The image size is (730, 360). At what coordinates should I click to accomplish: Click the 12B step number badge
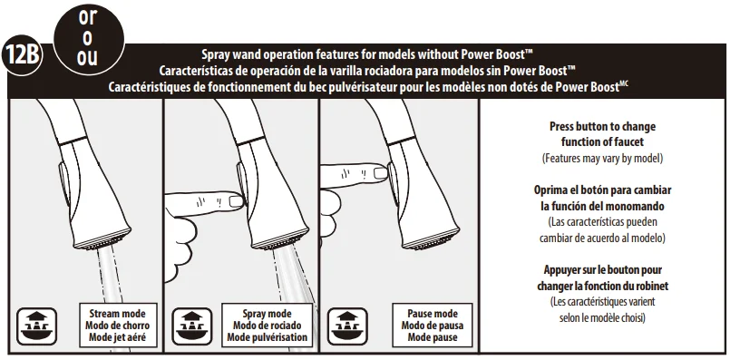click(x=22, y=55)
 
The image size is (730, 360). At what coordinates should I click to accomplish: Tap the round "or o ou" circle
click(x=89, y=39)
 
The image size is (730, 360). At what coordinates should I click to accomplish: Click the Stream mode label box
click(x=118, y=325)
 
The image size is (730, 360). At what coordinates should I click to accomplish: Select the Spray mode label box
click(x=268, y=325)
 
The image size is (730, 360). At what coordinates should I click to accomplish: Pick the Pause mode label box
click(x=433, y=325)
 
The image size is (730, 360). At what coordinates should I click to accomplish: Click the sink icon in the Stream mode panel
click(x=37, y=326)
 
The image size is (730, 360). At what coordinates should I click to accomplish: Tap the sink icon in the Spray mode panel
click(x=192, y=326)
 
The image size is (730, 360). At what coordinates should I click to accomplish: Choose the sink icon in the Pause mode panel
click(x=347, y=326)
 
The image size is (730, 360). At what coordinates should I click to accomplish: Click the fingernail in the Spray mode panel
click(x=237, y=201)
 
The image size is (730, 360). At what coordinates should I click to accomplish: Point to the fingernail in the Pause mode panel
click(x=381, y=173)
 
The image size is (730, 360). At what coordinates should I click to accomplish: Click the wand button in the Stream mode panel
click(x=63, y=182)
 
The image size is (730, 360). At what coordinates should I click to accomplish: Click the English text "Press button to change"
click(x=602, y=127)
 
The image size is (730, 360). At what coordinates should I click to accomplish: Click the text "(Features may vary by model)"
click(x=602, y=159)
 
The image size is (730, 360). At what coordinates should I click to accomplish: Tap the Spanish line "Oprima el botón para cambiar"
click(x=602, y=190)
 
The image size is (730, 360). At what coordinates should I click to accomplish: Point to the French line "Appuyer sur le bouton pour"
click(x=602, y=269)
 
